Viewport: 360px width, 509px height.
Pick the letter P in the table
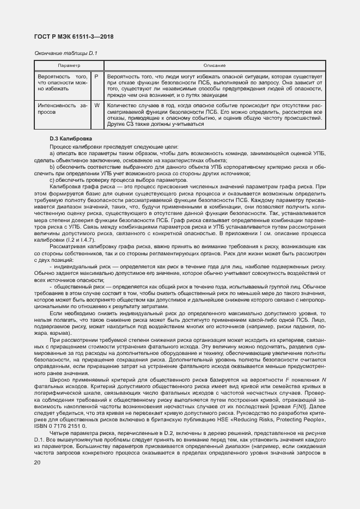click(x=96, y=77)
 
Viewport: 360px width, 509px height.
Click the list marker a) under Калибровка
click(x=52, y=155)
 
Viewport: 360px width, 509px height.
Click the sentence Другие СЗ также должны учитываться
click(x=156, y=124)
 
